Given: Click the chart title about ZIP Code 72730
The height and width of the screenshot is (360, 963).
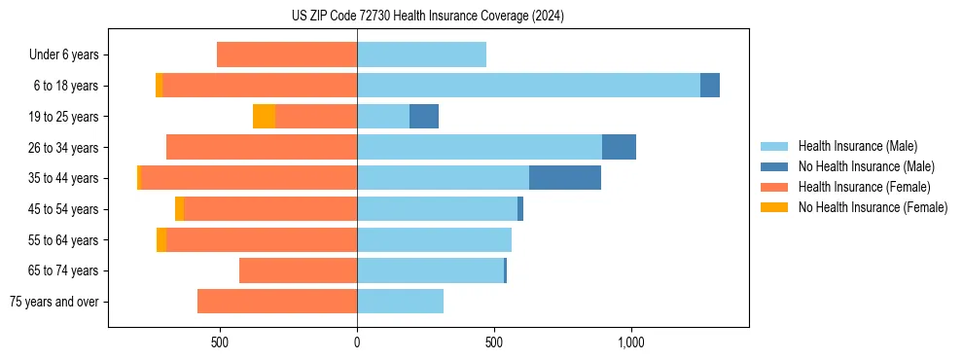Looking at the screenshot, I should (428, 17).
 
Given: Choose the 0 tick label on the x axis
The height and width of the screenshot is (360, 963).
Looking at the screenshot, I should (357, 342).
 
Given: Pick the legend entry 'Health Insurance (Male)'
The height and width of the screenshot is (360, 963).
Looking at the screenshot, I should (857, 146).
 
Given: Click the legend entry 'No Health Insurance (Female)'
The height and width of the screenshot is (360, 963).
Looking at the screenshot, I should (873, 207).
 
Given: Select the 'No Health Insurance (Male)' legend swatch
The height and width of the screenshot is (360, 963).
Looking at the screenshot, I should (774, 166).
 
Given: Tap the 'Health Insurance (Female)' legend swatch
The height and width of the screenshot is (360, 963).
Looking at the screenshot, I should (774, 187).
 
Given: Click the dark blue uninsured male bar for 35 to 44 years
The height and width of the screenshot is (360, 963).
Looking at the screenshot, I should (565, 178).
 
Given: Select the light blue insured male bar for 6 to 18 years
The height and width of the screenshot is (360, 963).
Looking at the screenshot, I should (528, 86).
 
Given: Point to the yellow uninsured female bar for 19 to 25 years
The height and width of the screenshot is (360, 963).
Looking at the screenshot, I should (264, 117).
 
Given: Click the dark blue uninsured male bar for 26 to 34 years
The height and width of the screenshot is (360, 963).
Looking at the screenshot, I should (619, 147).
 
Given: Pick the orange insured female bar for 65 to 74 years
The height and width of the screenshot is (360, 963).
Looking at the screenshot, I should (298, 270).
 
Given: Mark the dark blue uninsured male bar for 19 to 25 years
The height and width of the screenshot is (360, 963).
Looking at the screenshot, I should (424, 117).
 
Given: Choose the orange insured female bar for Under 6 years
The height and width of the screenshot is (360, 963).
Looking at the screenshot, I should (287, 54).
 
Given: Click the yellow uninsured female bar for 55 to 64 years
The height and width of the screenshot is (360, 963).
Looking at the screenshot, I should (161, 239).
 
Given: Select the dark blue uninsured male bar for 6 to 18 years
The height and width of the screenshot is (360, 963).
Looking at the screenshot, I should (710, 86).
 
